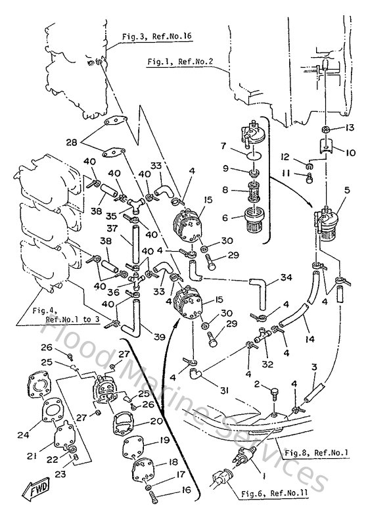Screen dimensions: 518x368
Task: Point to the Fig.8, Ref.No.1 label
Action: (x=318, y=454)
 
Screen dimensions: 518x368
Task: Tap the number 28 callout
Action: (x=89, y=141)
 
